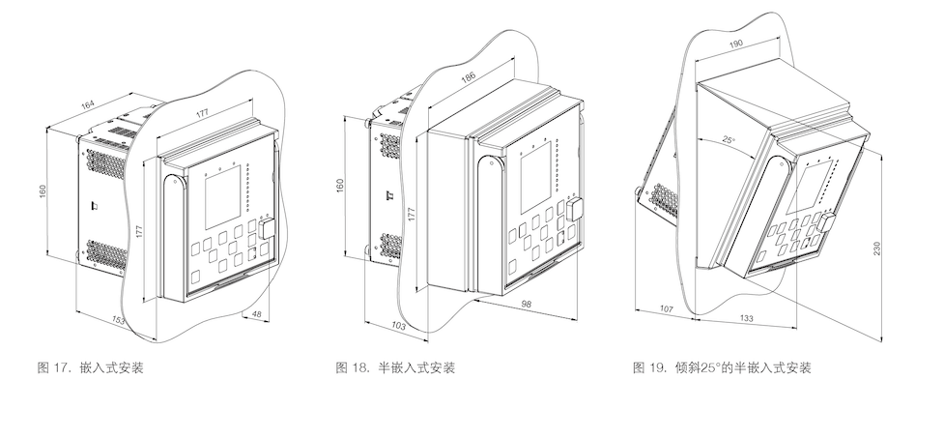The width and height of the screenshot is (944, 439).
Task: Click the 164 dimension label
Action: [88, 105]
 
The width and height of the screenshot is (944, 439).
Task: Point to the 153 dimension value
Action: [119, 320]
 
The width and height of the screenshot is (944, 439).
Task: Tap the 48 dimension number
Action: [256, 313]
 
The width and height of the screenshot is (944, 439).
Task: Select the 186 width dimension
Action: [468, 76]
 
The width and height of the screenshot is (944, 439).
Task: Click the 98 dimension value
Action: [527, 304]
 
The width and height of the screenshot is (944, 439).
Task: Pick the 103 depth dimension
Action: [398, 326]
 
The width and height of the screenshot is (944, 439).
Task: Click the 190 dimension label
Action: [735, 44]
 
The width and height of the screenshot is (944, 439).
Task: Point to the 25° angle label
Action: [729, 140]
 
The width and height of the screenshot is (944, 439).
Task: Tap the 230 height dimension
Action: [876, 249]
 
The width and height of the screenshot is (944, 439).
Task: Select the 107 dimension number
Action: [666, 308]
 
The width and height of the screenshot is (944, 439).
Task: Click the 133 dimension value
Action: [746, 318]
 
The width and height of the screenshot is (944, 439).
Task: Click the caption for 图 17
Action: [90, 368]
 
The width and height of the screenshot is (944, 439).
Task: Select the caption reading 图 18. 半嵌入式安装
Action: [395, 368]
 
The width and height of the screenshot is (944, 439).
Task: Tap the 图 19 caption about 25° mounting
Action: [722, 368]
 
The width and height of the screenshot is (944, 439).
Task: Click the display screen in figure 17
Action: [223, 197]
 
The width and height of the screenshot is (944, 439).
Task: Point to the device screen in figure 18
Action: [536, 178]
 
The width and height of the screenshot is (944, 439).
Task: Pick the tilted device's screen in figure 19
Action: [814, 186]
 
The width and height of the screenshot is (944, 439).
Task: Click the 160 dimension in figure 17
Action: [43, 190]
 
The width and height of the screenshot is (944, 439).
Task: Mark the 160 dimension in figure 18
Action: [340, 186]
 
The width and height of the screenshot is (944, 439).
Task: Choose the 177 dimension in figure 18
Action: [412, 215]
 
